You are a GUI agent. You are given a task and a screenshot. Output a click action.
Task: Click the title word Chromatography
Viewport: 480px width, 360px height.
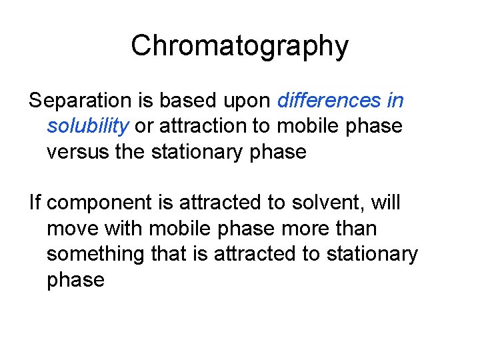(239, 46)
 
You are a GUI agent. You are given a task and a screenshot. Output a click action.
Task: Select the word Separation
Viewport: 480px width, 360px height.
(81, 101)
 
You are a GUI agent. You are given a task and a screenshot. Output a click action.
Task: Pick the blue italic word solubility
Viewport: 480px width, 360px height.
(88, 127)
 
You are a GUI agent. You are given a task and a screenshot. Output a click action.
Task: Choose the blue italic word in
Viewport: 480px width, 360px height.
(395, 101)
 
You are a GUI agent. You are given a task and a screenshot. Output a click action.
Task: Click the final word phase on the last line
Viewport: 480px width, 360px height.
(75, 281)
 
